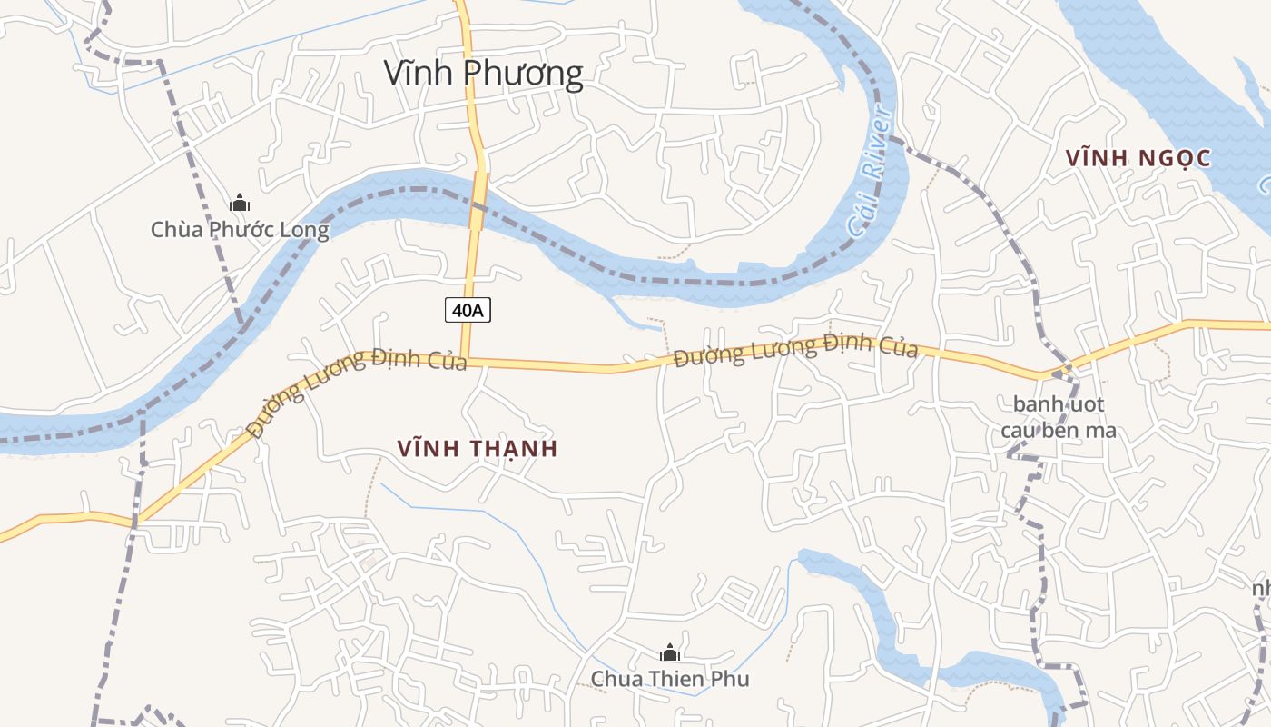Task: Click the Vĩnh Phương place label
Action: click(483, 74)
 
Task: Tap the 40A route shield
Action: click(468, 310)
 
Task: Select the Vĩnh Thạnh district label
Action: click(478, 448)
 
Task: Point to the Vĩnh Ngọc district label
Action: click(1138, 158)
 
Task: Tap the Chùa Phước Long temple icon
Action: click(240, 203)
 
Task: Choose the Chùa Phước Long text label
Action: click(240, 230)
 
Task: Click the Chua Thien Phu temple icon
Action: click(670, 652)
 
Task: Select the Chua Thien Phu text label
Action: click(670, 679)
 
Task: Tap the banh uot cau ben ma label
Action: click(1059, 417)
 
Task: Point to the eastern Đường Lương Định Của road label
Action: click(795, 350)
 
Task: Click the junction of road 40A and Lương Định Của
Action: click(464, 361)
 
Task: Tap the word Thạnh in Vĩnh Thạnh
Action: click(514, 448)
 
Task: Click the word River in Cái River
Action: click(877, 150)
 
